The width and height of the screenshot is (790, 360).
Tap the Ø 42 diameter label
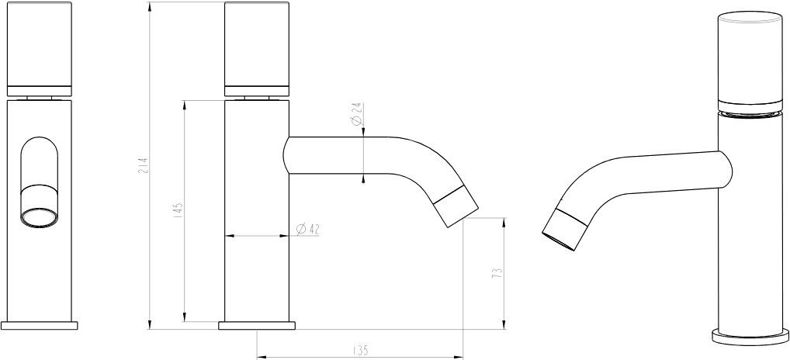tap(308, 229)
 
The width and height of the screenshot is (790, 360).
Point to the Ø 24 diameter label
tap(356, 114)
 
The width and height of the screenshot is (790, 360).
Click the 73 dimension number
tap(497, 273)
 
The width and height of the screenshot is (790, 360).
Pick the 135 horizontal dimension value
tap(360, 349)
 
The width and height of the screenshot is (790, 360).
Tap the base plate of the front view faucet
tap(40, 325)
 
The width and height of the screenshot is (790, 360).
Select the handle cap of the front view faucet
tap(40, 49)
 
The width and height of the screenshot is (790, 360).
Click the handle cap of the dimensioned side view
tap(257, 49)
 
